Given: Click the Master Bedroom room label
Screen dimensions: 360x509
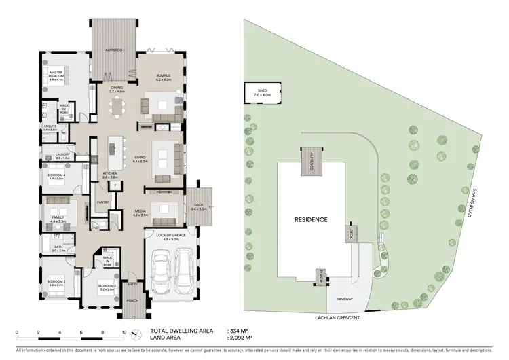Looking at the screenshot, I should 56,75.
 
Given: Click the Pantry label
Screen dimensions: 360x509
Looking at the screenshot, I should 103,202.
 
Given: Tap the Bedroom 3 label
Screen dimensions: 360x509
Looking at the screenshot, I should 56,283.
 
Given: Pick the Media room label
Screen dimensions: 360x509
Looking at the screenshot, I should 140,213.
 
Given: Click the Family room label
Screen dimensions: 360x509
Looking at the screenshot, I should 57,219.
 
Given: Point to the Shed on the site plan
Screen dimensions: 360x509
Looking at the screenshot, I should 263,93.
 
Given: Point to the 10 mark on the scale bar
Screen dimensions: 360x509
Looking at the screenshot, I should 124,332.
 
